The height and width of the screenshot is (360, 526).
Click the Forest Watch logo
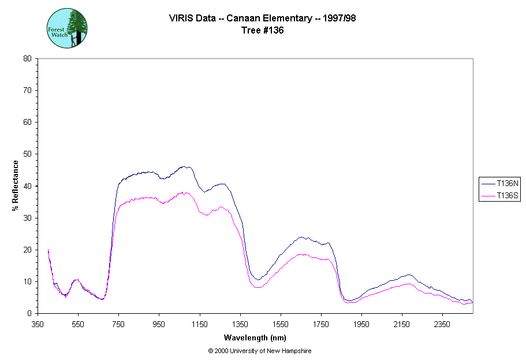[x=67, y=28]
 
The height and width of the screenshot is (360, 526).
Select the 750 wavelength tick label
[x=118, y=324]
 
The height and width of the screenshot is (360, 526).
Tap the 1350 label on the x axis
[x=240, y=324]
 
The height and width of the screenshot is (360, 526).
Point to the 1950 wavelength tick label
[x=361, y=324]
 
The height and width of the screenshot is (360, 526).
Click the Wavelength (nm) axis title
[x=255, y=337]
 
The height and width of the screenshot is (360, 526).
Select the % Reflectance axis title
[x=16, y=185]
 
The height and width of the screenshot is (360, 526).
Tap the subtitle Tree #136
[x=263, y=31]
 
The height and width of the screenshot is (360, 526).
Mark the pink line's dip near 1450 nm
[x=258, y=287]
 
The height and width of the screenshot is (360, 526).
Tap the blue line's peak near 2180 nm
[x=409, y=275]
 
